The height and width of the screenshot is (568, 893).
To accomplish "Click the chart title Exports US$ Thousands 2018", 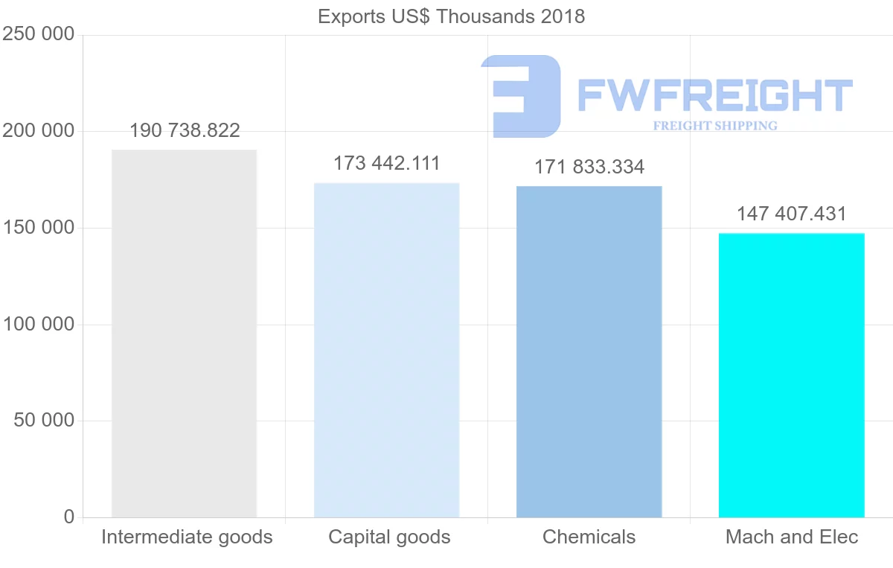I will (x=451, y=16).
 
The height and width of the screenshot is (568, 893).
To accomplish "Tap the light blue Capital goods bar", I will (x=386, y=350).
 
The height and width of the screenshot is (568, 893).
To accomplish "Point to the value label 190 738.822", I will (x=185, y=131).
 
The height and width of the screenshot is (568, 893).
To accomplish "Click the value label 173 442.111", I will (x=386, y=163).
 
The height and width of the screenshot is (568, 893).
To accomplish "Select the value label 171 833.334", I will (x=589, y=167).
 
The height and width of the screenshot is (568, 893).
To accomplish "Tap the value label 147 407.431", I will (x=791, y=214).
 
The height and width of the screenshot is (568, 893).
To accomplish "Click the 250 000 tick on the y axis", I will (x=39, y=34).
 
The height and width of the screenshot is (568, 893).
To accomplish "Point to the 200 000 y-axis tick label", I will (x=39, y=131).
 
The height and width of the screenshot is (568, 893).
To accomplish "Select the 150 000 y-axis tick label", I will (x=39, y=228).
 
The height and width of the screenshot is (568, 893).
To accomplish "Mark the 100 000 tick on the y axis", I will (x=39, y=324).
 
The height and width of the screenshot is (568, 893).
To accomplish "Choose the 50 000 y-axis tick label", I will (x=44, y=421).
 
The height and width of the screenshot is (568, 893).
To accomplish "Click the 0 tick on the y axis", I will (x=68, y=517).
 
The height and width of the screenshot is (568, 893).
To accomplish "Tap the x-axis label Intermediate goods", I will (x=187, y=537).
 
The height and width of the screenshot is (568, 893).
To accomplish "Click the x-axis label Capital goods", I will (x=389, y=537).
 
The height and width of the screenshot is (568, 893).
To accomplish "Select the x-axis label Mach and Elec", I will (x=792, y=537).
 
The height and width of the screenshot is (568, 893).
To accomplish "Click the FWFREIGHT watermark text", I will (x=714, y=95).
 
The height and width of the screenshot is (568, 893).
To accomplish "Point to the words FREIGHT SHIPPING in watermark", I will (x=714, y=126).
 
